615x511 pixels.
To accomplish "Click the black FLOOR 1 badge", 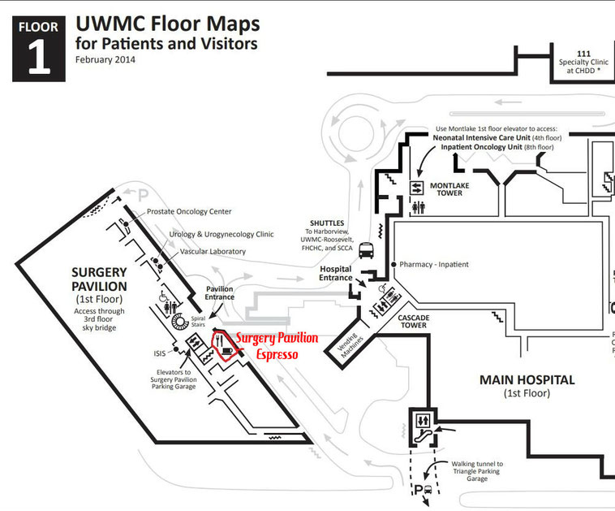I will coord(38,48).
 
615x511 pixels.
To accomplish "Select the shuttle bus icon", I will coord(366,250).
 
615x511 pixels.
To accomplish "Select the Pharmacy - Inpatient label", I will coord(434,265).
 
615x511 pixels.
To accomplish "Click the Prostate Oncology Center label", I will coord(189,211).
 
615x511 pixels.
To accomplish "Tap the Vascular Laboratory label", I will coord(208,252).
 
